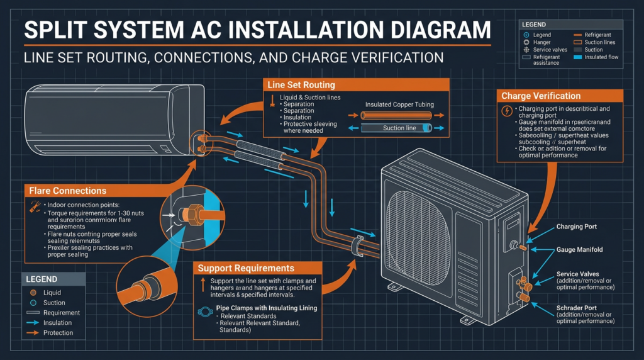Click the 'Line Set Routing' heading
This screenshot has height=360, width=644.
tap(301, 85)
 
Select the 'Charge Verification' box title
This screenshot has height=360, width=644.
tap(540, 96)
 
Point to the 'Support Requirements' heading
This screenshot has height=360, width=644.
tap(246, 268)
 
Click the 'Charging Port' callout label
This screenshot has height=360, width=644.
tap(577, 227)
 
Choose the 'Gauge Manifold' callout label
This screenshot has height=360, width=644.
tap(579, 250)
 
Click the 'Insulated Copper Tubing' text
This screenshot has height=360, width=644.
tap(399, 104)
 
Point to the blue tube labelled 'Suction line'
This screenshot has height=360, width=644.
tap(399, 128)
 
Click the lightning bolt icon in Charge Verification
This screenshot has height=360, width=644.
tap(508, 111)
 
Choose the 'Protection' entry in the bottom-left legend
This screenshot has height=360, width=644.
tap(58, 333)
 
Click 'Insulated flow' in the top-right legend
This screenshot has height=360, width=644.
tap(602, 57)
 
